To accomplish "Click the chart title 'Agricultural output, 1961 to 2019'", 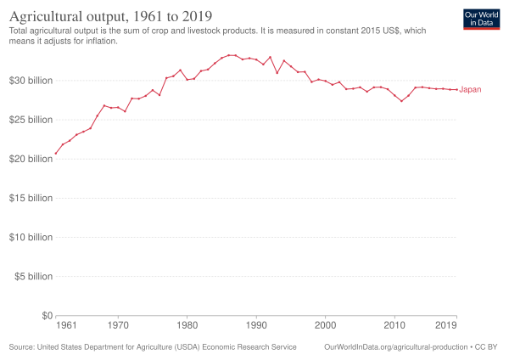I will click(x=110, y=15).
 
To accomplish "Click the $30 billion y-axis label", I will click(x=31, y=81).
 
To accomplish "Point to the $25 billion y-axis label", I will click(x=31, y=120).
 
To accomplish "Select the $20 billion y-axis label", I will click(x=31, y=159).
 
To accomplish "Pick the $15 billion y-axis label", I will click(x=31, y=198).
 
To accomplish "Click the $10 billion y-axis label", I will click(x=31, y=237).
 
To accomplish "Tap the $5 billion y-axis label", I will click(x=33, y=276).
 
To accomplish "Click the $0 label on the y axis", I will click(x=44, y=315).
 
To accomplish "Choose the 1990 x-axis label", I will click(x=256, y=325).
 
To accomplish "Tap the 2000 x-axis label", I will click(x=325, y=325).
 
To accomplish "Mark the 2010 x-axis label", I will click(x=394, y=325).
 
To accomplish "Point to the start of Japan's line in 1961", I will click(x=56, y=154).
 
